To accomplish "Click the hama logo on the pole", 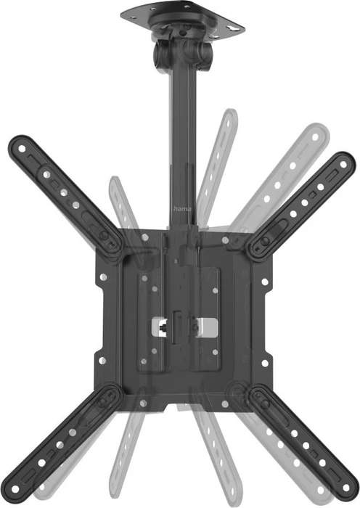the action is (182, 209).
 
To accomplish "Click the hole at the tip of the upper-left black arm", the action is (22, 149).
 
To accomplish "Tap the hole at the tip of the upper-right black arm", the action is (343, 165).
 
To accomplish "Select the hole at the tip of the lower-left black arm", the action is (15, 488).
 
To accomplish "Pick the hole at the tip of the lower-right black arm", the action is (345, 487).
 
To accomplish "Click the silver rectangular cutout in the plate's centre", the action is (184, 327).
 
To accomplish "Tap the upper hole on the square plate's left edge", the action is (103, 277).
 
